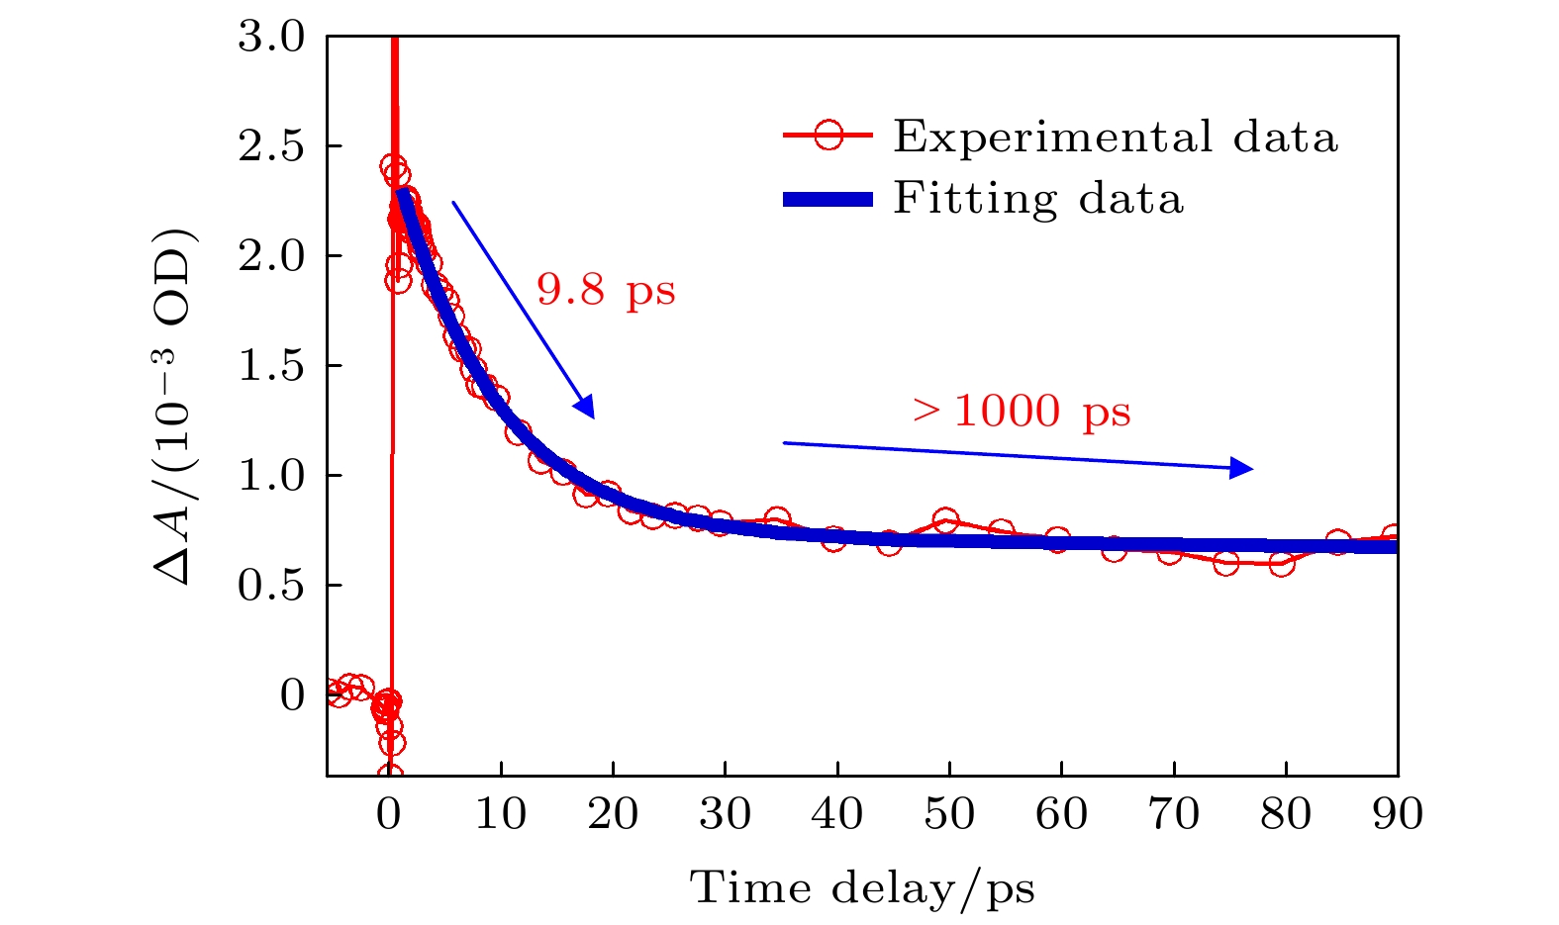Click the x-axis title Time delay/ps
[x=861, y=887]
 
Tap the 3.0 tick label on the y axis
[x=271, y=38]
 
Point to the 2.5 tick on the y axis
[x=271, y=146]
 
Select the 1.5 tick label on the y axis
[x=271, y=366]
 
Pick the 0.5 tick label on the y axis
[x=271, y=586]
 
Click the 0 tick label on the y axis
[x=292, y=695]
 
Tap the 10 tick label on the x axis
[x=502, y=814]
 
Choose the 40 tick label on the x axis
[x=837, y=814]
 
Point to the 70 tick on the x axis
[x=1174, y=814]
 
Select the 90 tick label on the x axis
[x=1398, y=814]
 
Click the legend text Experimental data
[x=1116, y=137]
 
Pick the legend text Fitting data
[x=1038, y=198]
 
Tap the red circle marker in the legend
[x=828, y=136]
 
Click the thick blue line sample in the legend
[x=828, y=200]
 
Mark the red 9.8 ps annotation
[x=606, y=290]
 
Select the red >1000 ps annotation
[x=1022, y=410]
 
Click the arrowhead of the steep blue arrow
[x=586, y=408]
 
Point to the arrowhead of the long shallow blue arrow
[x=1241, y=468]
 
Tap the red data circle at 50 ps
[x=945, y=520]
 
